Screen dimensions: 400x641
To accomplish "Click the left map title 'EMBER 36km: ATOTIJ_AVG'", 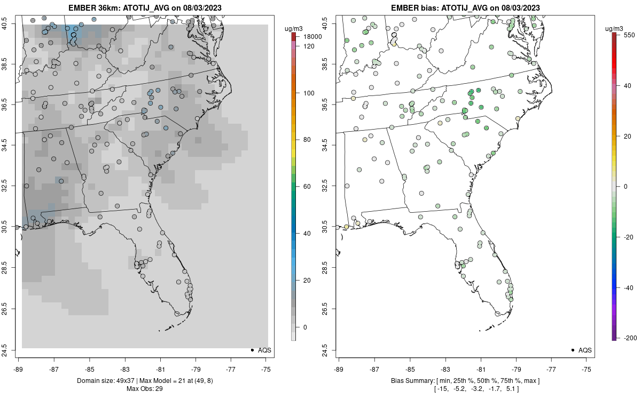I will point(144,7).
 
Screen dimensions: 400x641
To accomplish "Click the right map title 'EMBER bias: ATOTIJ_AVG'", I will point(465,7).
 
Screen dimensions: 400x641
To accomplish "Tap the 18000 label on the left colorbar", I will point(312,37).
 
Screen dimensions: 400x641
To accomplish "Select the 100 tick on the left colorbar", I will point(309,93).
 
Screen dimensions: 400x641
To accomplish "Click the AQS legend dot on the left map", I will point(252,350).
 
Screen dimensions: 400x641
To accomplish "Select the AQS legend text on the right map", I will point(585,350).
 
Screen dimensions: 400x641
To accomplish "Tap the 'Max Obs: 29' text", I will point(144,389).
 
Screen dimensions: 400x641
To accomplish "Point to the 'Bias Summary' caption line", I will point(465,380).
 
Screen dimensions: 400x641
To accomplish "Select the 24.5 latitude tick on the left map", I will point(11,350).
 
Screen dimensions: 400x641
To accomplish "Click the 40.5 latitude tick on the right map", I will point(331,23).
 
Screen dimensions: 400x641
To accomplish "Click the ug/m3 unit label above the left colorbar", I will point(297,28).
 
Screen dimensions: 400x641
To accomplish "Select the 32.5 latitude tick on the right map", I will point(331,187).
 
